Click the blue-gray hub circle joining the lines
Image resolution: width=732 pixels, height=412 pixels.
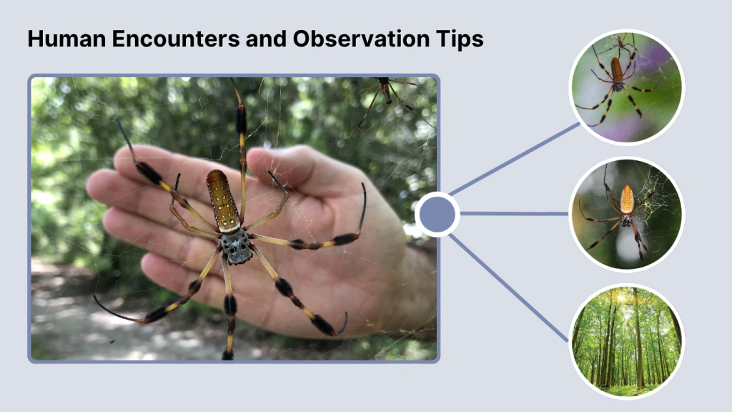coord(437,214)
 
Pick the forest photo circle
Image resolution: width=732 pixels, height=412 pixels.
coord(626,341)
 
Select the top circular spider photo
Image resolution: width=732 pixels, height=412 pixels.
coord(626,87)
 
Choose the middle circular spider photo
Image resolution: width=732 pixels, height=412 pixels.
coord(626,214)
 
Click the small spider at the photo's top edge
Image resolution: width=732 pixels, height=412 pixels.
coord(386,91)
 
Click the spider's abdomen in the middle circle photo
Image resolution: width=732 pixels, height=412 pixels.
coord(627,199)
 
